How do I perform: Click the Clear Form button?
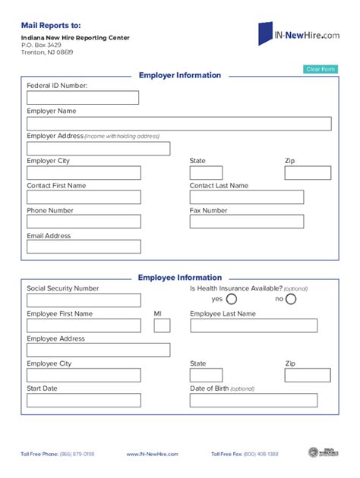(320, 69)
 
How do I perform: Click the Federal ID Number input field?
(83, 98)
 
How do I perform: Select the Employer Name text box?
(179, 124)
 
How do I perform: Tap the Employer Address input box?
(99, 149)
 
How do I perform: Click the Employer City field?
(84, 173)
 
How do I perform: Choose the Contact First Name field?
(84, 197)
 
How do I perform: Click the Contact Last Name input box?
(246, 197)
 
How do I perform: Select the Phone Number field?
(84, 222)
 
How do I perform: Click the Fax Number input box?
(246, 222)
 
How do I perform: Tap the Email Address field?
(84, 247)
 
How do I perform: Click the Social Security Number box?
(84, 300)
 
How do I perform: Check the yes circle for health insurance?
(232, 299)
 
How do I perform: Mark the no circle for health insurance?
(291, 299)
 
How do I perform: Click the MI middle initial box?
(162, 325)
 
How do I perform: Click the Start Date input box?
(84, 400)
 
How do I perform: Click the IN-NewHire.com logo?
(298, 33)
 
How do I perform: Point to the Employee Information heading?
(180, 278)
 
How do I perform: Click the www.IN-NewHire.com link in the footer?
(152, 454)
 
